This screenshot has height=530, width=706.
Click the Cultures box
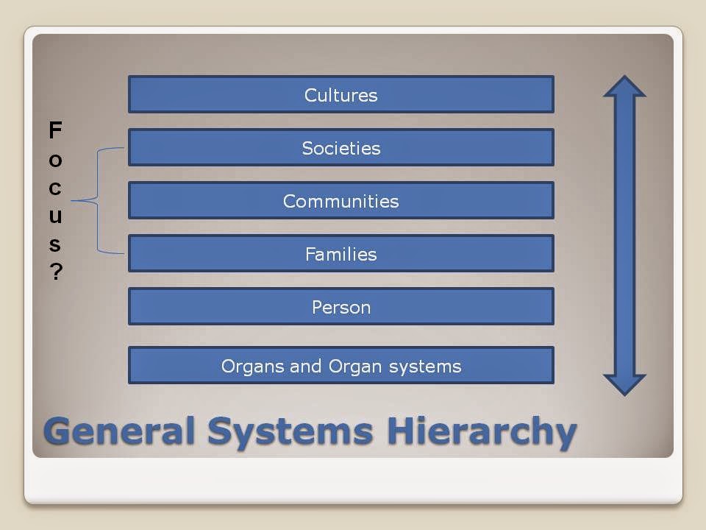(340, 94)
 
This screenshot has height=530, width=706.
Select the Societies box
(340, 147)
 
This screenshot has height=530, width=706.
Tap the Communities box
(340, 200)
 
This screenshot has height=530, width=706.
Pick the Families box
(340, 253)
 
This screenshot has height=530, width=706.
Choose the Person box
(340, 306)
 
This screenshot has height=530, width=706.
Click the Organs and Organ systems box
(340, 365)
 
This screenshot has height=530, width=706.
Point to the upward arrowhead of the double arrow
(624, 87)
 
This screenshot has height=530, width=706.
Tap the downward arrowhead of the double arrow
(624, 385)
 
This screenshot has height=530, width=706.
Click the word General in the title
(119, 431)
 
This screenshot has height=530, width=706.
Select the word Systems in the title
(290, 433)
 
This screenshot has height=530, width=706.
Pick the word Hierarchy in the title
(482, 432)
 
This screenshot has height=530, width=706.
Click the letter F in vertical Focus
(55, 130)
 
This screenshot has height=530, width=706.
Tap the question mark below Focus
(56, 272)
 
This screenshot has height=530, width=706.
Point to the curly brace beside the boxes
(98, 200)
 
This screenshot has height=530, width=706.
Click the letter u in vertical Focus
(55, 216)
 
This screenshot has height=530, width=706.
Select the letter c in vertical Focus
(55, 188)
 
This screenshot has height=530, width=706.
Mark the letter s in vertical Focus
(55, 244)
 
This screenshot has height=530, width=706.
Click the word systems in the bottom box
(425, 367)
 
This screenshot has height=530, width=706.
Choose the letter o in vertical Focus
(55, 160)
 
